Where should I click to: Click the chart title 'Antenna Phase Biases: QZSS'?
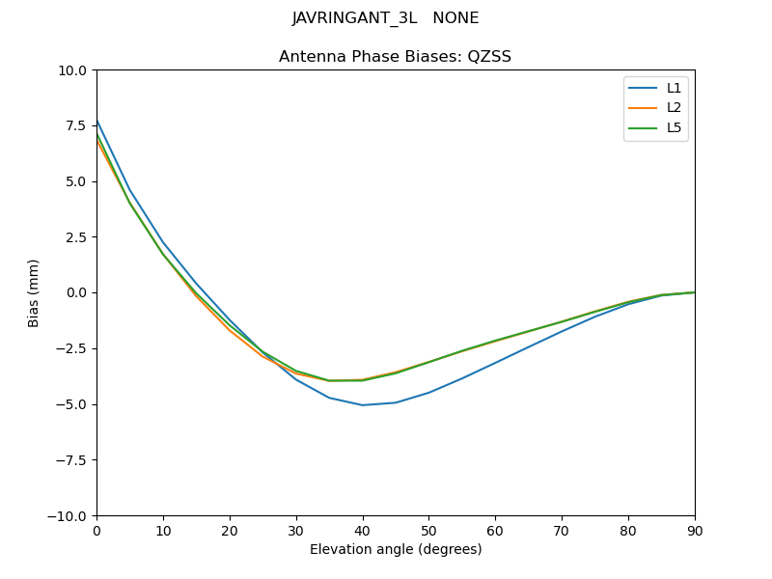coord(395,57)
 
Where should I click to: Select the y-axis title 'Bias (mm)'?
coord(34,292)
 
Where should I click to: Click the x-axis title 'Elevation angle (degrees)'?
coord(395,549)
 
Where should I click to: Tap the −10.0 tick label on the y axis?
coord(69,515)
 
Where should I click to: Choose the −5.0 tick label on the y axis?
coord(72,404)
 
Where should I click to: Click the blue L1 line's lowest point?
coord(362,405)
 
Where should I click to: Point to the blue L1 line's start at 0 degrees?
coord(97,120)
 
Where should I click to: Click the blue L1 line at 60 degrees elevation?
coord(495,363)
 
